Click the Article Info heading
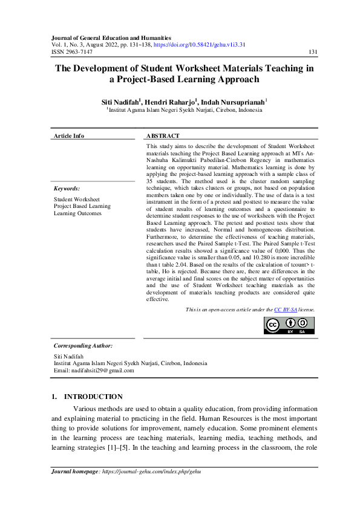69,136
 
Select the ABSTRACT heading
163,136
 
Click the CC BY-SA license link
286,310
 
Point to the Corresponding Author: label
83,345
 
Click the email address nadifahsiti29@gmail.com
103,371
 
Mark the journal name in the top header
111,37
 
